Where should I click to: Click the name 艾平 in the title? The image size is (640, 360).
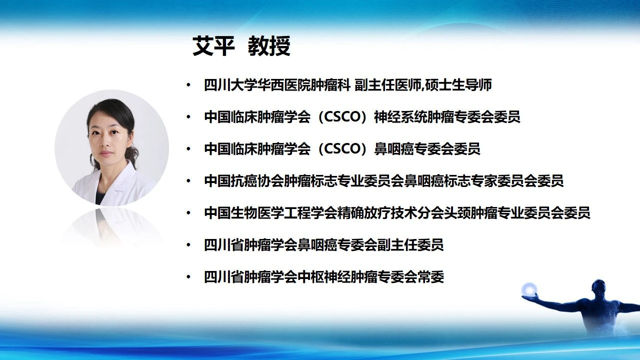[213, 46]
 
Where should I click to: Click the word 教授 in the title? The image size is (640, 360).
[269, 46]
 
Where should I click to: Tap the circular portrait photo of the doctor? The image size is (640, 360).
[111, 148]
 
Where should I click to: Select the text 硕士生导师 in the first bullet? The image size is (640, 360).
[458, 85]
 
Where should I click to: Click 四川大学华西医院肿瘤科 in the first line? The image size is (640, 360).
[277, 85]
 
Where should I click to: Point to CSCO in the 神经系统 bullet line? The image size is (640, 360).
[342, 117]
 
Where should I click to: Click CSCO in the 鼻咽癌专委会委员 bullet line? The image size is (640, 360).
[342, 149]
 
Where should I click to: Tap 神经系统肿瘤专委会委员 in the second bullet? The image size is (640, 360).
[447, 117]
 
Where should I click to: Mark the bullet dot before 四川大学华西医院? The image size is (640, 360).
[188, 85]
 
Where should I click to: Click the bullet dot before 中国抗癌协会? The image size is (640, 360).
[188, 181]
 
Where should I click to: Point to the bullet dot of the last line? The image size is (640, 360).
[188, 277]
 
